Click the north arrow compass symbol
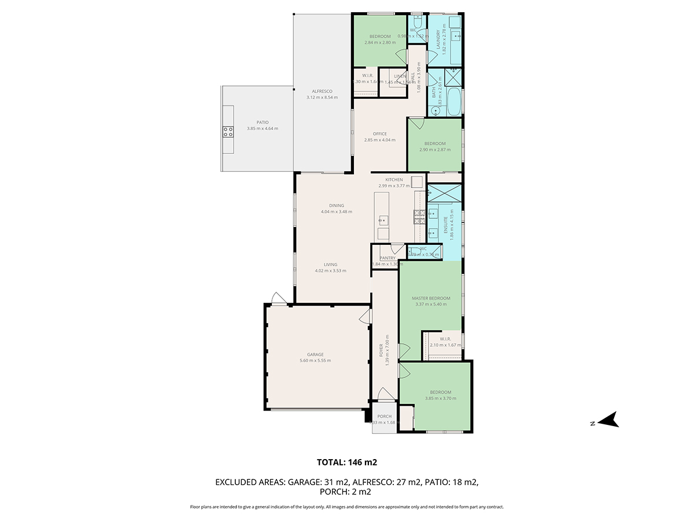(x=608, y=420)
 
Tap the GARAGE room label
(x=315, y=355)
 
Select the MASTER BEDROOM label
(x=431, y=299)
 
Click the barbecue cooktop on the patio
(x=228, y=132)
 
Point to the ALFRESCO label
(x=322, y=91)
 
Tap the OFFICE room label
(x=379, y=134)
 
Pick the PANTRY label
(x=387, y=258)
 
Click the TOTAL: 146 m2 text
(x=347, y=462)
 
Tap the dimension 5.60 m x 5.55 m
(x=315, y=361)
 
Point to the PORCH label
(x=384, y=416)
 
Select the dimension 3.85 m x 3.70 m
(x=441, y=398)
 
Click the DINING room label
(x=337, y=206)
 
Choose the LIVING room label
(x=330, y=265)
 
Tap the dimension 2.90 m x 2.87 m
(x=435, y=149)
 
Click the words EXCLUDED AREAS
(x=249, y=482)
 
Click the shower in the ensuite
(x=444, y=193)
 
